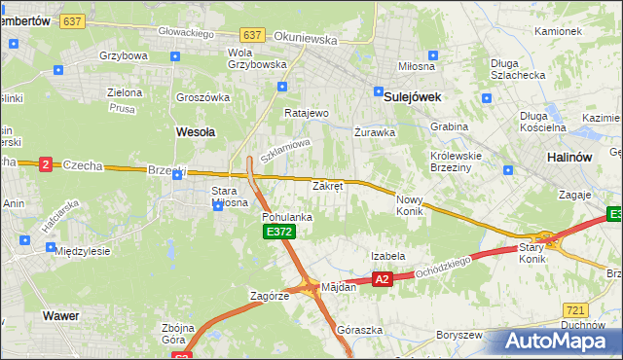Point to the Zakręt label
(x=327, y=185)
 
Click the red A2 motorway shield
(x=382, y=279)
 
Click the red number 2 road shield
(x=45, y=164)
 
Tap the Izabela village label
(x=387, y=256)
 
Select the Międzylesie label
(x=83, y=250)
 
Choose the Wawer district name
(x=60, y=316)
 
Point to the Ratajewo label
(x=307, y=113)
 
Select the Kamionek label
(x=558, y=31)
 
